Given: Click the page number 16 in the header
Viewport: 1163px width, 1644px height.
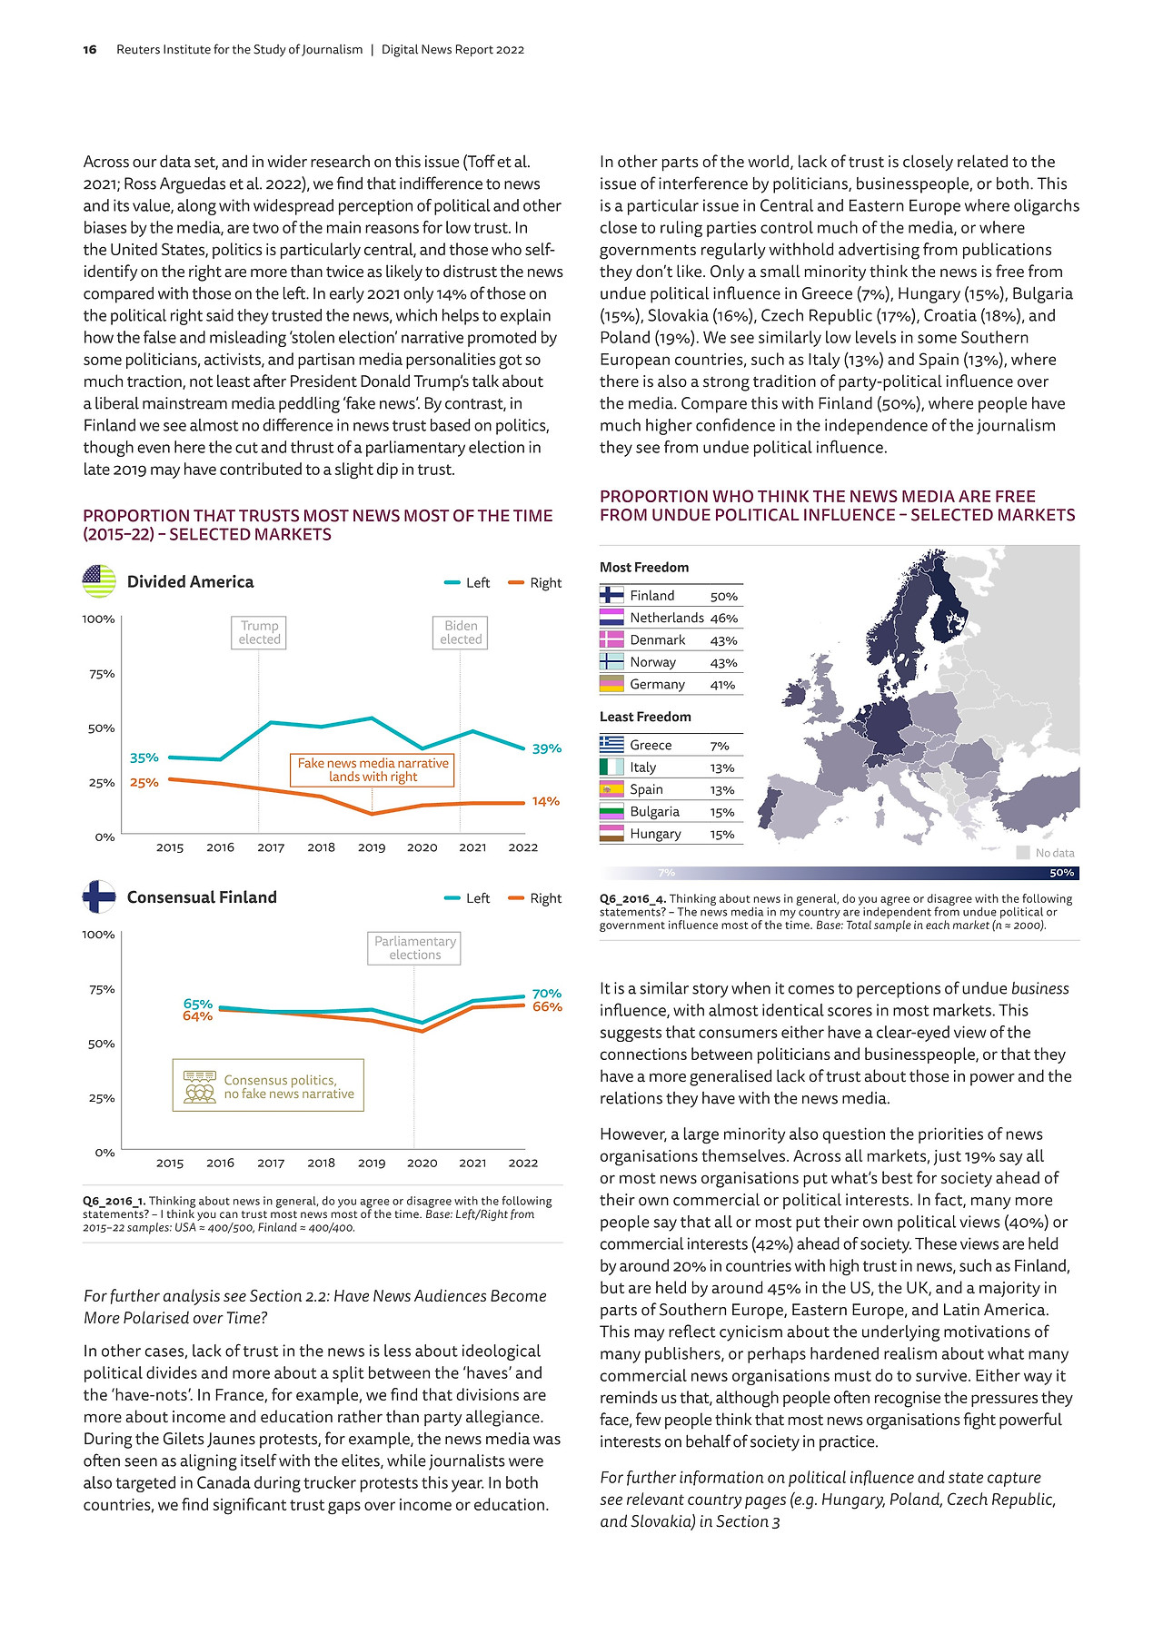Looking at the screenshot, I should coord(90,50).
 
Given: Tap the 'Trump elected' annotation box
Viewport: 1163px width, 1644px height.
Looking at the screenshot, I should coord(259,632).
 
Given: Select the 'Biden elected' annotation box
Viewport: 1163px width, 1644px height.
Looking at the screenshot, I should coord(461,632).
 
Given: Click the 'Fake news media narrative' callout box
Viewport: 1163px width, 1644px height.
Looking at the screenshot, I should coord(373,769).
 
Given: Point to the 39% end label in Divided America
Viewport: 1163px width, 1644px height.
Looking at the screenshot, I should coord(546,748).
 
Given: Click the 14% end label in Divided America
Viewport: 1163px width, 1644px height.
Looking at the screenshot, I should coord(545,801).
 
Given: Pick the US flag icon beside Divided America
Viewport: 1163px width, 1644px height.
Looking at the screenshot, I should coord(99,581).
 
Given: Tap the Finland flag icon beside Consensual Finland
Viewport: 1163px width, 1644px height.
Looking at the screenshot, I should coord(99,896).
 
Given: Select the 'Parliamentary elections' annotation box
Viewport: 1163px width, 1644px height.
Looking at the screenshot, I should coord(415,948).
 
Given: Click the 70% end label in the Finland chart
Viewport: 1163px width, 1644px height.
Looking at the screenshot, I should coord(547,994).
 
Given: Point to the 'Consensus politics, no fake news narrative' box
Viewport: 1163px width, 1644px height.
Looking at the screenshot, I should coord(268,1085).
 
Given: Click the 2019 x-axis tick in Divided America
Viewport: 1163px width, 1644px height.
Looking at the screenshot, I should coord(372,847).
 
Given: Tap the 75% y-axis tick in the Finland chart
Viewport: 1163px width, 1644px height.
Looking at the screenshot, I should coord(102,989).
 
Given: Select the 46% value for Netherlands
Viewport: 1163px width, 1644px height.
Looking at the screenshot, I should coord(724,619).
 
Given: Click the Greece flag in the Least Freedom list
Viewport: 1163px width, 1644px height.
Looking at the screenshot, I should coord(611,745).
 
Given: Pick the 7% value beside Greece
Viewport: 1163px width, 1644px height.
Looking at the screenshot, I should coord(720,746).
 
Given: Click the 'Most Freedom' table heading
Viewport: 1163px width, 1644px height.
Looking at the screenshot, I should coord(644,568).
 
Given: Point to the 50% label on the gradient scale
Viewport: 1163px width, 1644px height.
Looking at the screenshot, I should coord(1061,873).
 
